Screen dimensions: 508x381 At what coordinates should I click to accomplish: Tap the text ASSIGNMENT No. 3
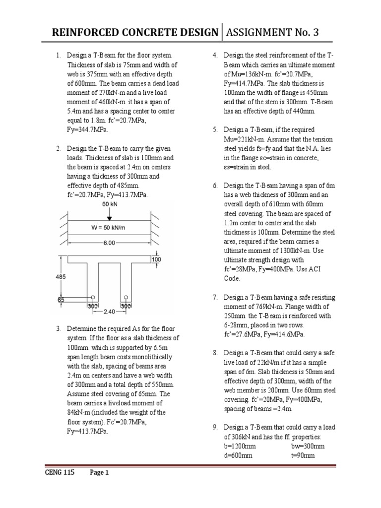click(x=272, y=33)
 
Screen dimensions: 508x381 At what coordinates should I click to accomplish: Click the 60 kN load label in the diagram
click(x=109, y=204)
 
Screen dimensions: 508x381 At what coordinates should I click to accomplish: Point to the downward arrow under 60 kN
click(x=109, y=214)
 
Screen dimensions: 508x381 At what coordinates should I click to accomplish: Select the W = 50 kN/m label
click(x=109, y=228)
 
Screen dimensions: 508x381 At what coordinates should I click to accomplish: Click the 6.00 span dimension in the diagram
click(x=109, y=243)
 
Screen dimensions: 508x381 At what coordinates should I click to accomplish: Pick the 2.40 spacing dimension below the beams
click(x=109, y=312)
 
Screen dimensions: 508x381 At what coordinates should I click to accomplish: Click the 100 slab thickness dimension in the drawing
click(x=157, y=259)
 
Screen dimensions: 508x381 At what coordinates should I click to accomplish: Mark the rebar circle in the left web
click(x=92, y=298)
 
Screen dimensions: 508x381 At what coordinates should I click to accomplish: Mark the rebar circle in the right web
click(x=126, y=298)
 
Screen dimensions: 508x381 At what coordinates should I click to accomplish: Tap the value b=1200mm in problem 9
click(x=241, y=446)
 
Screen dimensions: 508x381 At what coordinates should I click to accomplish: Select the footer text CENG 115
click(x=60, y=473)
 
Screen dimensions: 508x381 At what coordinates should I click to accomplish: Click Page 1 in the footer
click(x=99, y=473)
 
